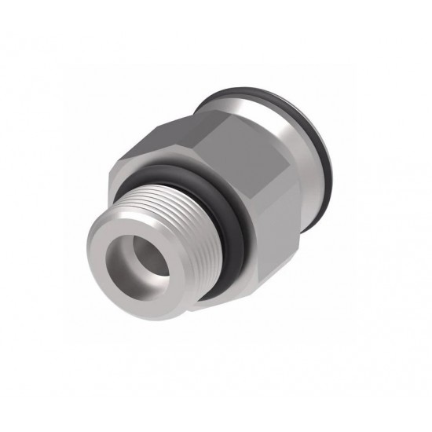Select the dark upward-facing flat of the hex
196,134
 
